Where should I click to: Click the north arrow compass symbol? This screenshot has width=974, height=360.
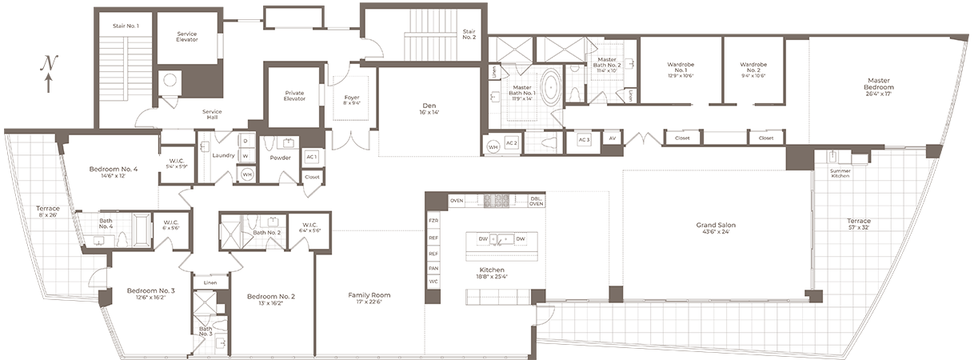50,71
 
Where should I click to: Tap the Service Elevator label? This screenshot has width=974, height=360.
187,37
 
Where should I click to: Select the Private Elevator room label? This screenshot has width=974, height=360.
294,96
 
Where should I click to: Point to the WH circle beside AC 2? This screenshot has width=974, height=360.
493,146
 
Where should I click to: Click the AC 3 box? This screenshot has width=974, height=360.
583,139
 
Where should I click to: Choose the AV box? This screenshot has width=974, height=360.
612,139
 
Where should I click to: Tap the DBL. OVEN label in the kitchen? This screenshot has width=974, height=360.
537,201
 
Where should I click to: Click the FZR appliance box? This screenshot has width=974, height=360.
433,220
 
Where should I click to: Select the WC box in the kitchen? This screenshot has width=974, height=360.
433,281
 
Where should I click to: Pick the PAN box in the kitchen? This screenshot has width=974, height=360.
433,268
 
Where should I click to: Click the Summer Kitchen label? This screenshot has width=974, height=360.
840,173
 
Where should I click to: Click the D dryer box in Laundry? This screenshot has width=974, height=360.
245,141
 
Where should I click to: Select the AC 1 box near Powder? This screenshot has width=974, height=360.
312,157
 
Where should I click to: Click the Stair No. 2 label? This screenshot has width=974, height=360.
469,34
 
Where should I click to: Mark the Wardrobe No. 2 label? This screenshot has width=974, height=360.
753,66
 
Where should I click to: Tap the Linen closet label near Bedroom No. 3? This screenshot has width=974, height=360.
210,282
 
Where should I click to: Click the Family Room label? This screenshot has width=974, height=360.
368,295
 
